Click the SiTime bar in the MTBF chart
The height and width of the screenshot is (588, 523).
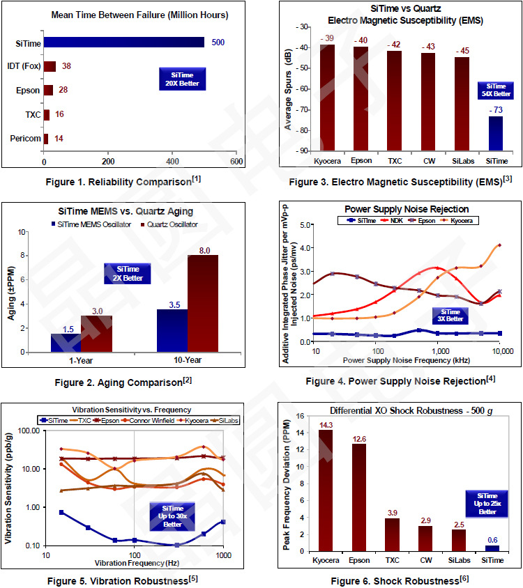124,42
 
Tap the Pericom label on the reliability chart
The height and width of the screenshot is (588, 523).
27,139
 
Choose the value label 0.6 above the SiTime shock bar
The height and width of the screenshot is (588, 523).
492,539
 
